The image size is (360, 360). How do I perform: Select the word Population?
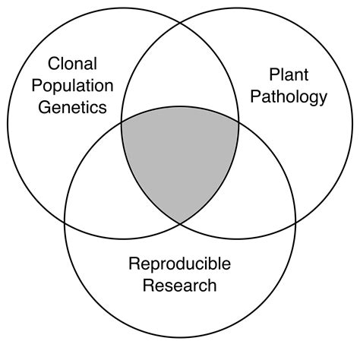(x=74, y=85)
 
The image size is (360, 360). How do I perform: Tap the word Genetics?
(x=74, y=107)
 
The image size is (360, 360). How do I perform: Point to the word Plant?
(x=286, y=74)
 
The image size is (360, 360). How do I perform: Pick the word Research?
(x=180, y=286)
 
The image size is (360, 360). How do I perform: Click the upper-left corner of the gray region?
(x=122, y=119)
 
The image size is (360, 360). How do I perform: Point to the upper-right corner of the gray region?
(x=238, y=119)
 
